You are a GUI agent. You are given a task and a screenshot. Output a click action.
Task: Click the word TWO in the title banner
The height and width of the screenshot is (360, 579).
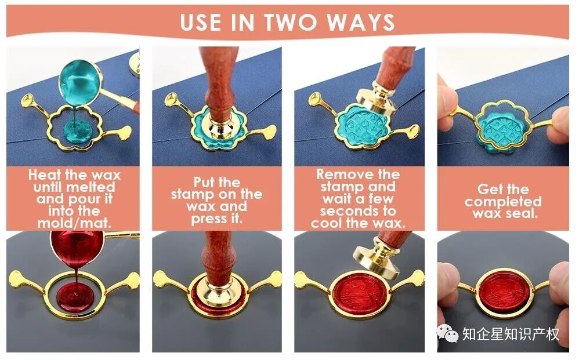point(290,22)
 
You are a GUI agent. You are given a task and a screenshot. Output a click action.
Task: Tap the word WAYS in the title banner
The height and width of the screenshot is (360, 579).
point(361,22)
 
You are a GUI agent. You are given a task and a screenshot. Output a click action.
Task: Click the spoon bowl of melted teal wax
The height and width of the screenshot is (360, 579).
point(79,82)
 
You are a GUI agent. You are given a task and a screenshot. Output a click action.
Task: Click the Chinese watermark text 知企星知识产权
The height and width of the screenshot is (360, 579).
point(511,334)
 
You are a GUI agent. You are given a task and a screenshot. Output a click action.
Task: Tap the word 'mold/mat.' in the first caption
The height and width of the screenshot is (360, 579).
point(74,223)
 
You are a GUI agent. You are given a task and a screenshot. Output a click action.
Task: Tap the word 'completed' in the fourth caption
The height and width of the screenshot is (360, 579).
point(503,201)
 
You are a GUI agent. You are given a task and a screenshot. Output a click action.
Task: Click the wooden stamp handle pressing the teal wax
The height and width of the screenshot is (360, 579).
point(219,82)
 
